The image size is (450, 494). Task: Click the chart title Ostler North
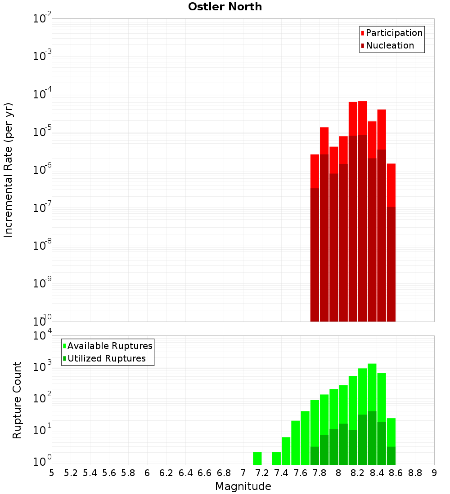pyautogui.click(x=225, y=7)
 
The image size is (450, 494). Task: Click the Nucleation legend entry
pyautogui.click(x=390, y=45)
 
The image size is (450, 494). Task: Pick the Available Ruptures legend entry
pyautogui.click(x=109, y=346)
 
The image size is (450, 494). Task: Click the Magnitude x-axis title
pyautogui.click(x=243, y=486)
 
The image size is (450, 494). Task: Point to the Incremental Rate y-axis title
pyautogui.click(x=8, y=170)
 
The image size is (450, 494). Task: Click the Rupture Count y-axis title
pyautogui.click(x=17, y=400)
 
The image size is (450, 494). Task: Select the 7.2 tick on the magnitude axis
pyautogui.click(x=262, y=473)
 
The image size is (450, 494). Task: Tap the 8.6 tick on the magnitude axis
pyautogui.click(x=396, y=473)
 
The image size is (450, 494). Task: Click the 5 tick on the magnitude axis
pyautogui.click(x=52, y=473)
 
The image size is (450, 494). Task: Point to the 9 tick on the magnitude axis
pyautogui.click(x=434, y=473)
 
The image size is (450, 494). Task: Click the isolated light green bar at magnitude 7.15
pyautogui.click(x=257, y=459)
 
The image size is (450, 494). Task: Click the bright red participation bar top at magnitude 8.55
pyautogui.click(x=391, y=184)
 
